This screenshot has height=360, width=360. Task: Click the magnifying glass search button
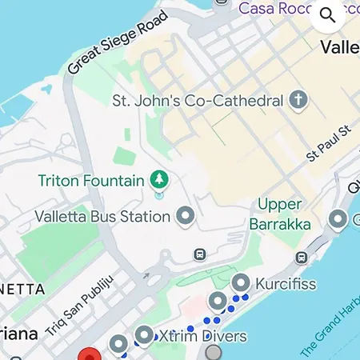click(328, 15)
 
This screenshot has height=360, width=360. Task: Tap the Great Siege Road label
click(118, 42)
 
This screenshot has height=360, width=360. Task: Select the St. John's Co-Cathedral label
click(198, 102)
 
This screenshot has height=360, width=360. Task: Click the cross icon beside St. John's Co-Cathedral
click(298, 101)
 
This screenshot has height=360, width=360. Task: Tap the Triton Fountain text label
click(91, 180)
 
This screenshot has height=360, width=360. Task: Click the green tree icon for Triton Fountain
click(159, 179)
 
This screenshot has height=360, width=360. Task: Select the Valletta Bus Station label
click(102, 216)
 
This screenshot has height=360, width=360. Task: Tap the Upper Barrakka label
click(280, 215)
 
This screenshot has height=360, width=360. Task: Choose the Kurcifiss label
click(286, 283)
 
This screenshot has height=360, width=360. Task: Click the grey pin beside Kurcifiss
click(242, 282)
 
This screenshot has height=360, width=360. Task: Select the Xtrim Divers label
click(203, 336)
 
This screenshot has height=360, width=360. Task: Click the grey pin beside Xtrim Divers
click(145, 335)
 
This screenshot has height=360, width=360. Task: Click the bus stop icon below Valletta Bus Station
click(200, 254)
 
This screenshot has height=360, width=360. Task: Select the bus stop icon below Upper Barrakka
click(302, 258)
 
